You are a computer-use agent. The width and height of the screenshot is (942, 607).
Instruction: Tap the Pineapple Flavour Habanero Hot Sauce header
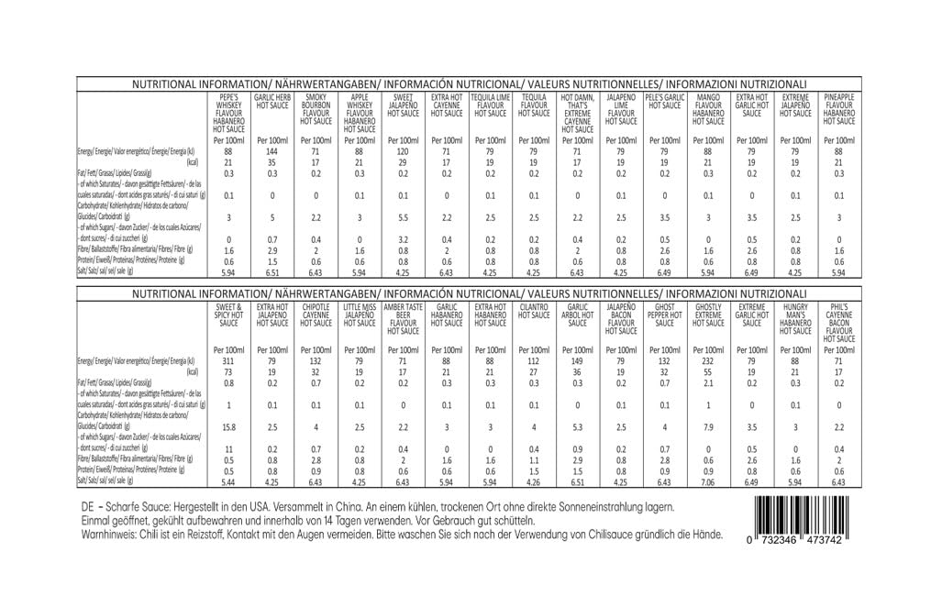pyautogui.click(x=838, y=109)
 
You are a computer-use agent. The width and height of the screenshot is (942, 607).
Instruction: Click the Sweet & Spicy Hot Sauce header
pyautogui.click(x=228, y=315)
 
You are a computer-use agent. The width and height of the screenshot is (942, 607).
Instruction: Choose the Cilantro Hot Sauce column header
pyautogui.click(x=534, y=311)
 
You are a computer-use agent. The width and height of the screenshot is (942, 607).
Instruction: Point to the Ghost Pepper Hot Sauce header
pyautogui.click(x=665, y=315)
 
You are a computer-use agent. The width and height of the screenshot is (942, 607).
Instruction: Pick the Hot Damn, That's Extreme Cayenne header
pyautogui.click(x=577, y=113)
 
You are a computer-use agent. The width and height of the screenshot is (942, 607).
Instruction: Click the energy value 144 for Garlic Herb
pyautogui.click(x=272, y=151)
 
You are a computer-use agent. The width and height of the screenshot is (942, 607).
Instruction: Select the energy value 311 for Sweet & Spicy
pyautogui.click(x=228, y=362)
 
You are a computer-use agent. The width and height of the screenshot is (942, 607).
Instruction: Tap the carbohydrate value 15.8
pyautogui.click(x=228, y=425)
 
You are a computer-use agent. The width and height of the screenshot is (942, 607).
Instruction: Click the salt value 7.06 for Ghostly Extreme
pyautogui.click(x=708, y=481)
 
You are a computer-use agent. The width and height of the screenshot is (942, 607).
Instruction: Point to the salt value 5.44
pyautogui.click(x=228, y=481)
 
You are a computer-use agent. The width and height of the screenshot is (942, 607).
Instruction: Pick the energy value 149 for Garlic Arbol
pyautogui.click(x=577, y=362)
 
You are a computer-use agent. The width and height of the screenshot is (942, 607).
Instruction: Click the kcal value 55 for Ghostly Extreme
pyautogui.click(x=708, y=372)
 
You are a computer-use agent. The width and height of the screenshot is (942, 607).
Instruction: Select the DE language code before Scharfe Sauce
pyautogui.click(x=89, y=506)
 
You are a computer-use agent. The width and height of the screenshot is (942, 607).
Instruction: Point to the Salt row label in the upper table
pyautogui.click(x=105, y=271)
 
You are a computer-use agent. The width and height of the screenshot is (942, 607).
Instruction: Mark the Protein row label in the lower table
pyautogui.click(x=119, y=469)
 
